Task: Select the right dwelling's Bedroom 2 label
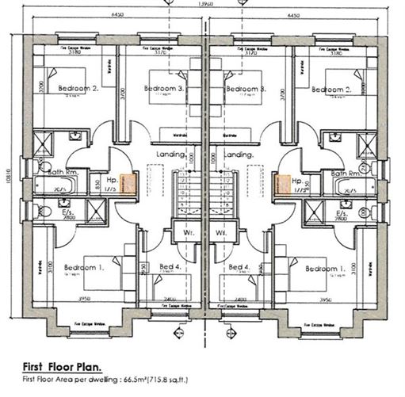330,90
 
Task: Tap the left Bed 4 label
170,268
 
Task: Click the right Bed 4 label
239,268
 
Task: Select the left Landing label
171,155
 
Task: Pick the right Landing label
239,155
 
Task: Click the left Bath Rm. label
50,172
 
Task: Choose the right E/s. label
342,213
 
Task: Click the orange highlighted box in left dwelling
127,185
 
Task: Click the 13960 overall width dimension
205,5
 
